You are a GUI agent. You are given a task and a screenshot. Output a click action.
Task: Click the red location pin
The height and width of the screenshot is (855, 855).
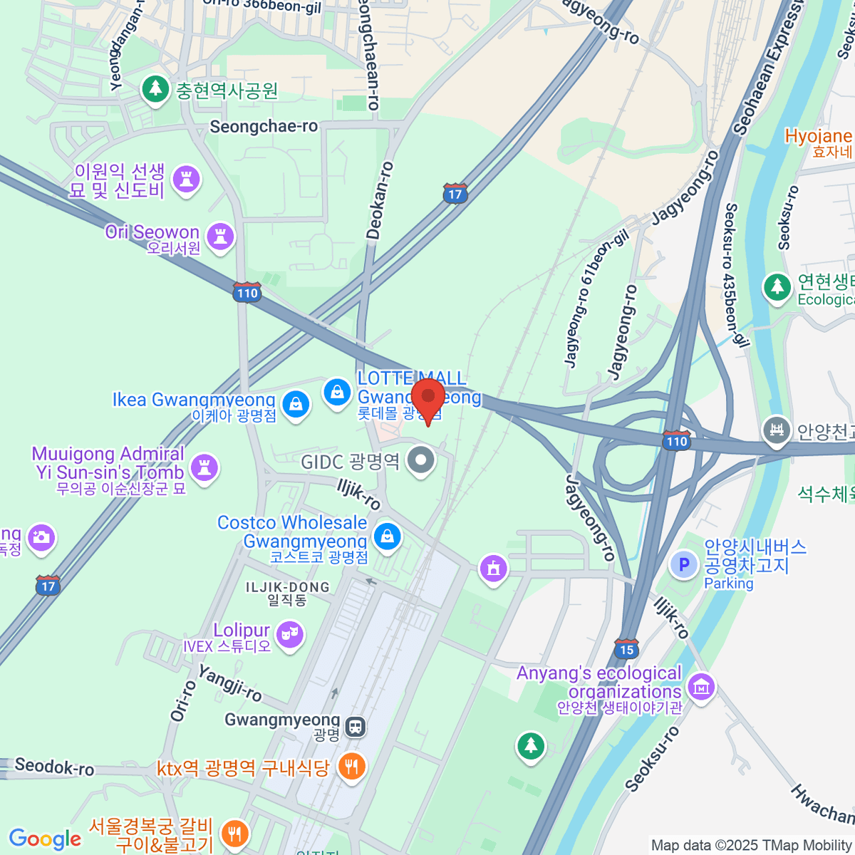click(x=427, y=396)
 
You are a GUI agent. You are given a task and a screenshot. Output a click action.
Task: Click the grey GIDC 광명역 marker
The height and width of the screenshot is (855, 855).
click(x=420, y=460)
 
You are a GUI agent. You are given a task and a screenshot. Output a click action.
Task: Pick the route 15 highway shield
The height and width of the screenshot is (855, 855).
click(x=626, y=648)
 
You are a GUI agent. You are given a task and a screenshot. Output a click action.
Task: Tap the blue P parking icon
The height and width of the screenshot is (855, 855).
click(x=684, y=565)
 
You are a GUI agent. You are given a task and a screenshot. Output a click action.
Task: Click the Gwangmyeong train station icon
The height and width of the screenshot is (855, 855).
click(x=355, y=727)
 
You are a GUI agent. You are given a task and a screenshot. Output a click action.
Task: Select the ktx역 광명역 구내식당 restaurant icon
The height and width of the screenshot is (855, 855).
click(x=351, y=767)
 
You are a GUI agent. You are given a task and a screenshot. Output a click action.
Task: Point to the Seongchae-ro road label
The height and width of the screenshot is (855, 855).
click(x=264, y=127)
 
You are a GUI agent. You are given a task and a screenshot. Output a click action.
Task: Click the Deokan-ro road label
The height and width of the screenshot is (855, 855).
click(x=379, y=200)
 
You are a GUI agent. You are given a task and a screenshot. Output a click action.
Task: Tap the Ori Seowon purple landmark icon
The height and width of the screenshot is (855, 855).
click(x=219, y=234)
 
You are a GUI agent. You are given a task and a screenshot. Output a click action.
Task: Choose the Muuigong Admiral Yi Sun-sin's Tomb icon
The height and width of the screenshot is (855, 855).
click(x=204, y=467)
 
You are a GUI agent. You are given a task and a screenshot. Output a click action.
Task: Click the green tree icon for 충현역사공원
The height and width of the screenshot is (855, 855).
click(x=155, y=90)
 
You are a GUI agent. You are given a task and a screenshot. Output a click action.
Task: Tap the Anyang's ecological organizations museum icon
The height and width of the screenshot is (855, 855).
click(x=702, y=687)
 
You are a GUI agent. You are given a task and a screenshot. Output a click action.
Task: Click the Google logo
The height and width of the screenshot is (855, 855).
click(x=46, y=839)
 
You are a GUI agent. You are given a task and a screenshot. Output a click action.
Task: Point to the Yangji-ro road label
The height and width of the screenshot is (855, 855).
click(x=229, y=683)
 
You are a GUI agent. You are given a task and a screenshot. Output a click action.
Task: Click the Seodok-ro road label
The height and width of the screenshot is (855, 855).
click(x=54, y=767)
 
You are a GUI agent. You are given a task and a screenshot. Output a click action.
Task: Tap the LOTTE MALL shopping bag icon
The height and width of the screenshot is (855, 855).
click(x=336, y=391)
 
